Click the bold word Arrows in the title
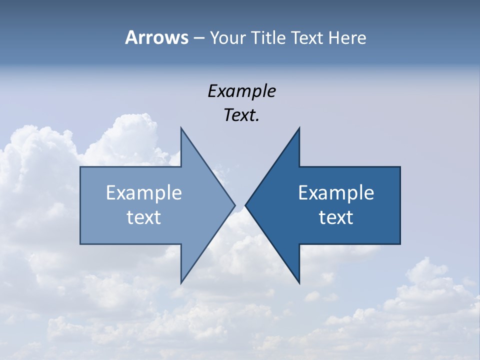point(156,37)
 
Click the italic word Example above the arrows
point(241,91)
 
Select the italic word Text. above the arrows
point(241,115)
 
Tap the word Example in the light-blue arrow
point(143,192)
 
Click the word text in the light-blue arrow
point(143,217)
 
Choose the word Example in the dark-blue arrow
point(336,192)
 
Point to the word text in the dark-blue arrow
point(336,217)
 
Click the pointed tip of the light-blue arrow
point(234,205)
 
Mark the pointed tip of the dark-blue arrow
point(246,205)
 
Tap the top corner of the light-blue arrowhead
point(181,128)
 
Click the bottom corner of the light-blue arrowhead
point(181,282)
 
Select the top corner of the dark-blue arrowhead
point(299,128)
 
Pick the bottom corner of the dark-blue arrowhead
point(299,282)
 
